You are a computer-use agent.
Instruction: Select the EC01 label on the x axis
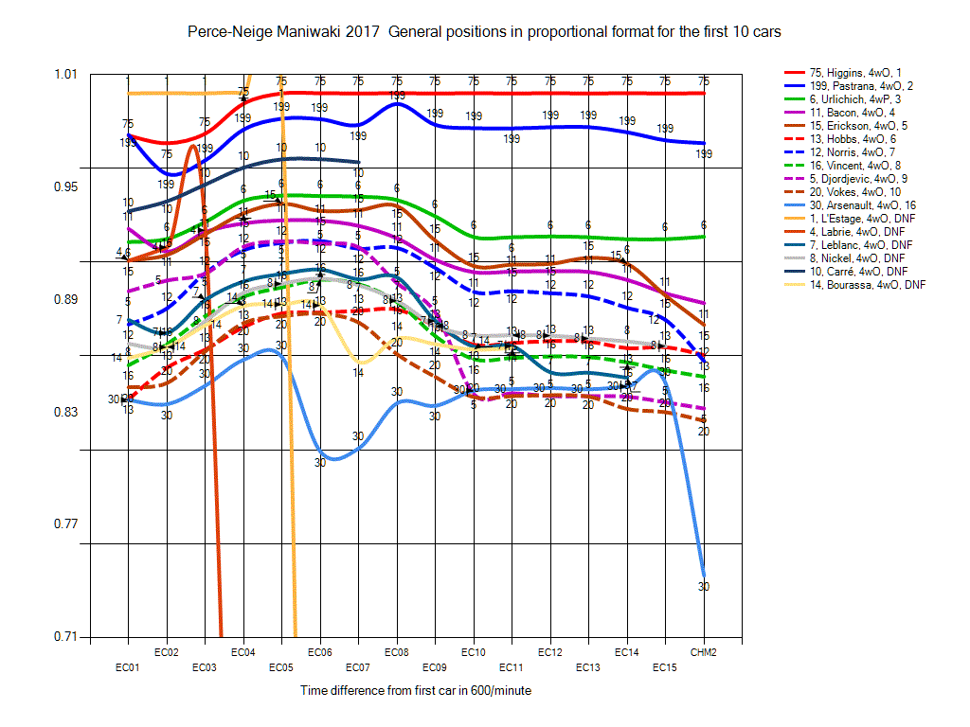[127, 667]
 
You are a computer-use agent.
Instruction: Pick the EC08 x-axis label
[397, 653]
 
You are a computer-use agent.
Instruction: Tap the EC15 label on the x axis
[665, 667]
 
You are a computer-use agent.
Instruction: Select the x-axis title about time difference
[416, 691]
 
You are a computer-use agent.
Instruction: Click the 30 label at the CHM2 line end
[704, 587]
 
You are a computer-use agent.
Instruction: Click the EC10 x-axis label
[474, 653]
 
